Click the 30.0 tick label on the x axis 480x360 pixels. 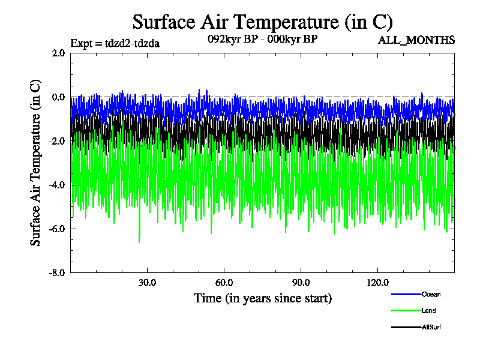click(x=147, y=283)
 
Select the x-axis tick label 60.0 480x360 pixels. click(x=224, y=283)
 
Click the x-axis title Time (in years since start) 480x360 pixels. click(x=262, y=298)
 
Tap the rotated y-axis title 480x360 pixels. click(x=36, y=162)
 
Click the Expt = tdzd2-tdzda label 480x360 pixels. click(x=115, y=43)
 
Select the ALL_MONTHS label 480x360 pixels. click(x=416, y=41)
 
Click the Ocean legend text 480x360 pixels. click(x=431, y=294)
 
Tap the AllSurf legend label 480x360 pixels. click(x=432, y=327)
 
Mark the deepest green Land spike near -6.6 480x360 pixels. click(x=139, y=242)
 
